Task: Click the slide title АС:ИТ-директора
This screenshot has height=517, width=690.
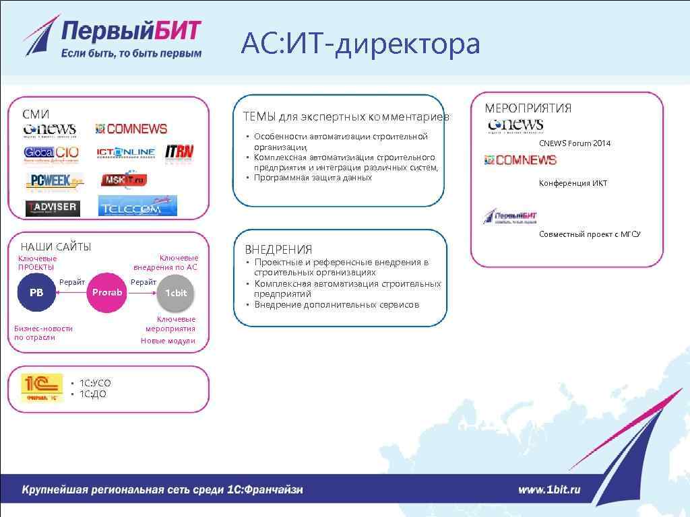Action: coord(360,44)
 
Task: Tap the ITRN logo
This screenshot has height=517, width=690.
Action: coord(179,153)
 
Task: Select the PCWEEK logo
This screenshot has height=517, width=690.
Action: coord(55,181)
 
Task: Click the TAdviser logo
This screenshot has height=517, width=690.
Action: coord(53,207)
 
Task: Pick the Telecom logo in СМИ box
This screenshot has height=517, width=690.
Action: coord(137,206)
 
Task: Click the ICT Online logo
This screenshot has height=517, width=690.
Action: coord(126,153)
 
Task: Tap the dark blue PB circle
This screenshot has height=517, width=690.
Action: coord(36,293)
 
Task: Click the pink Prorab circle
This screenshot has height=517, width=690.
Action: coord(107,293)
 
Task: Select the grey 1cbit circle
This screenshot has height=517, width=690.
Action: coord(177,293)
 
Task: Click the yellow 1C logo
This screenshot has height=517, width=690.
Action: coord(42,388)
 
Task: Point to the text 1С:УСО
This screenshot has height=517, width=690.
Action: coord(95,383)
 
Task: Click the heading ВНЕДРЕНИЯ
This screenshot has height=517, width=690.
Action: coord(278,249)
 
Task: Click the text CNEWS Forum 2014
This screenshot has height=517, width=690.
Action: coord(575,143)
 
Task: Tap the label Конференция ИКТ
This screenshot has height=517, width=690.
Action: coord(573,183)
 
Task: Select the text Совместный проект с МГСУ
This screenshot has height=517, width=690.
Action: coord(590,234)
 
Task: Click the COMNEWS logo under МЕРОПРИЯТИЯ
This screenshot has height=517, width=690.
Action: coord(521,160)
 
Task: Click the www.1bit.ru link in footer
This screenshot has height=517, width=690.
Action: coord(549,490)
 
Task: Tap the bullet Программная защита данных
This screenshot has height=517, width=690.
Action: coord(313,178)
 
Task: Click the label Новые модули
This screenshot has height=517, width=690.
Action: coord(168,341)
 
